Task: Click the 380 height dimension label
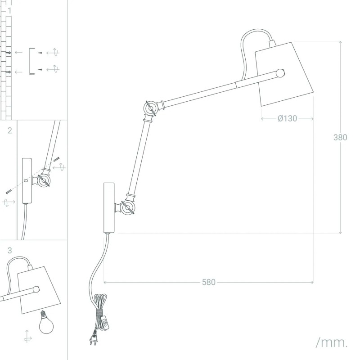click(340, 137)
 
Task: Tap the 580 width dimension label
click(209, 282)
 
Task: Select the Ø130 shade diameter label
click(287, 118)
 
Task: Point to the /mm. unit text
click(332, 342)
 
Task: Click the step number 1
click(9, 11)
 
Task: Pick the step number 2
click(9, 130)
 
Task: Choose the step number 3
click(9, 250)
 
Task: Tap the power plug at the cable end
click(94, 338)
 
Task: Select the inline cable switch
click(105, 323)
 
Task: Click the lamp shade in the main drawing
click(284, 74)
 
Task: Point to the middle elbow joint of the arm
click(151, 108)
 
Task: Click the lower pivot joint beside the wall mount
click(128, 208)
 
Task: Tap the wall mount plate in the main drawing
click(109, 208)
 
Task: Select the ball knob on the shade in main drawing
click(280, 73)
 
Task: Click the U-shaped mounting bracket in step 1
click(31, 61)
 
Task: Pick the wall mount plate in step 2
click(27, 181)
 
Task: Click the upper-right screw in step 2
click(57, 159)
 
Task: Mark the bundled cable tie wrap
click(99, 312)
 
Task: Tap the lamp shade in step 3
click(39, 290)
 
